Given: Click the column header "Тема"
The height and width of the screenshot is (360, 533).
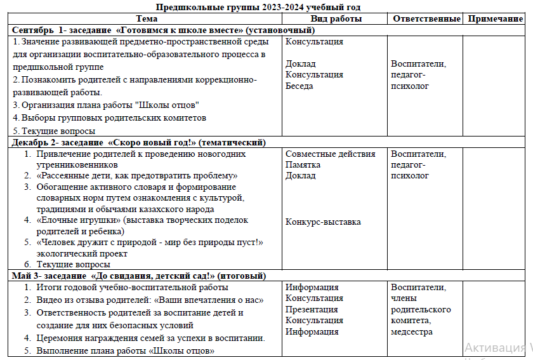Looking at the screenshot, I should (147, 18).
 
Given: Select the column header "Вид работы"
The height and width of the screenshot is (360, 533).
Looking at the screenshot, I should (336, 18).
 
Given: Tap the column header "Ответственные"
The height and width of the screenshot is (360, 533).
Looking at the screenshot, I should (426, 18).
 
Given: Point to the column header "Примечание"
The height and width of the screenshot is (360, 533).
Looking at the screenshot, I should (496, 18).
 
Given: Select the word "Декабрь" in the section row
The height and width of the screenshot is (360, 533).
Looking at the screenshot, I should (30, 143).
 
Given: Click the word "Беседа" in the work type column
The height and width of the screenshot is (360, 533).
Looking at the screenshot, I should (299, 86).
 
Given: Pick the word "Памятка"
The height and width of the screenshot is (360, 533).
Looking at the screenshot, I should (303, 164).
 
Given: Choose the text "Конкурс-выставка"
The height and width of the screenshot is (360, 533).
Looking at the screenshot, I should (323, 222).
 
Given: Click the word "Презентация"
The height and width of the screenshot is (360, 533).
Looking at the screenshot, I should (312, 309).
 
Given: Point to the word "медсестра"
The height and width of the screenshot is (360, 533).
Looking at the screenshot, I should (412, 331).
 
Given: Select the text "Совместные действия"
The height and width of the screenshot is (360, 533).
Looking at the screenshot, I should (331, 154).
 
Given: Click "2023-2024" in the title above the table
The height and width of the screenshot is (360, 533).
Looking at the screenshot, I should (282, 7).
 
